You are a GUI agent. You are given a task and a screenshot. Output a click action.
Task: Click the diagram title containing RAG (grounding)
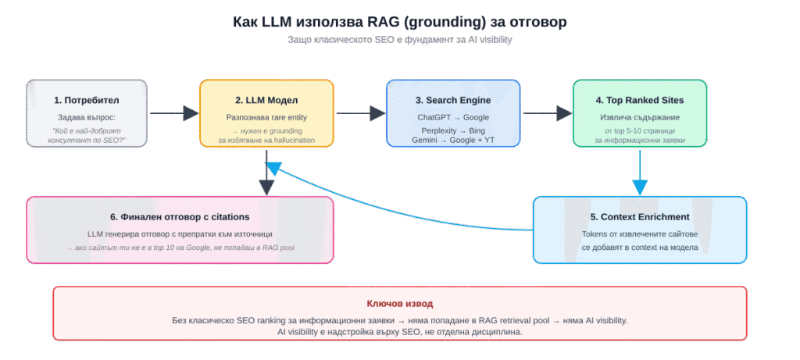[x=399, y=23]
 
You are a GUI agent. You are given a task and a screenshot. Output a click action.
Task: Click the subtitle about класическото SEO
[x=399, y=40]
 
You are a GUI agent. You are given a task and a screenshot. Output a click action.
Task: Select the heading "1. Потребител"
[x=87, y=101]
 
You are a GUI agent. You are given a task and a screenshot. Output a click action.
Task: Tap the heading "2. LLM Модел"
[x=266, y=101]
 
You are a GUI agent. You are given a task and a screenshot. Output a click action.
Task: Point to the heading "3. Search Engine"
[x=453, y=101]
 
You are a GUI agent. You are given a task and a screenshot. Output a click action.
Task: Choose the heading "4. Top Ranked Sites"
[x=640, y=101]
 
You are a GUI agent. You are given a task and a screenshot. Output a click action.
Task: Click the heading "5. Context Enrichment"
[x=640, y=217]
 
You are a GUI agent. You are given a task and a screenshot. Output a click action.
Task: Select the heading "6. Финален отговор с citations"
[x=180, y=217]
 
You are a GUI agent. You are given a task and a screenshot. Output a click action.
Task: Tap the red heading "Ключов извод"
[x=399, y=304]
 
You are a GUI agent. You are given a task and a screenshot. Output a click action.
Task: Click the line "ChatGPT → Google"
[x=453, y=117]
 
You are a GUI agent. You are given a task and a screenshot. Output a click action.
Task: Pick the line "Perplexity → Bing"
[x=453, y=130]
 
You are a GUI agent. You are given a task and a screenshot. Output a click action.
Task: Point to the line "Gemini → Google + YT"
[x=453, y=141]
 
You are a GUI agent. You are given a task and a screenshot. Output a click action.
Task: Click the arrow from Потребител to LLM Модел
[x=174, y=113]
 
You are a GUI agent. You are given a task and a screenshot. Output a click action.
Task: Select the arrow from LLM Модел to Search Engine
[x=361, y=113]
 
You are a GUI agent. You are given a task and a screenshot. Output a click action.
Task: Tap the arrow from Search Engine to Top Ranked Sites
[x=548, y=113]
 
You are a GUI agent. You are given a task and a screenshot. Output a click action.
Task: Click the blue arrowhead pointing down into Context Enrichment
[x=640, y=187]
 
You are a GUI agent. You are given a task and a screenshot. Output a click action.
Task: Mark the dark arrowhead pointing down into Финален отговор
[x=266, y=187]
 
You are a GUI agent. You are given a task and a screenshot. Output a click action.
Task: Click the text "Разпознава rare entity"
[x=266, y=117]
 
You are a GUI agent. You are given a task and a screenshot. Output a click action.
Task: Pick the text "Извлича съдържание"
[x=640, y=117]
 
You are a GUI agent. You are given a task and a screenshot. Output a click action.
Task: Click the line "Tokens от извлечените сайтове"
[x=640, y=234]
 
